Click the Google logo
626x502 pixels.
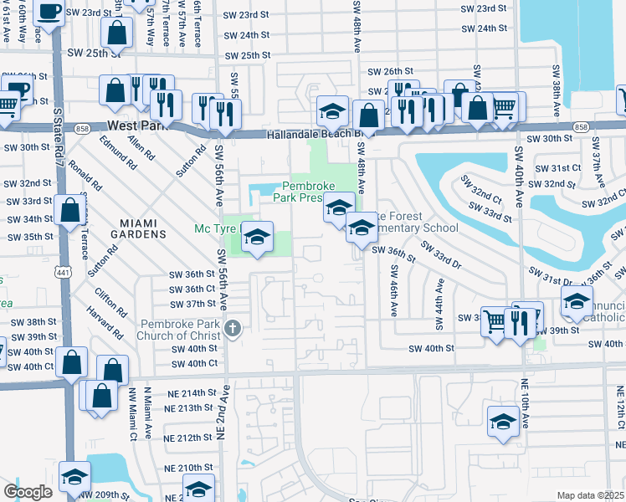tap(28, 491)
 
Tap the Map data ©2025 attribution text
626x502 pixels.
tap(590, 495)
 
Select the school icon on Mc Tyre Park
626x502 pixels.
tap(258, 237)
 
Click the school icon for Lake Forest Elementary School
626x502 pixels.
tap(361, 226)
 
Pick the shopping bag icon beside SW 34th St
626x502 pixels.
tap(70, 210)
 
